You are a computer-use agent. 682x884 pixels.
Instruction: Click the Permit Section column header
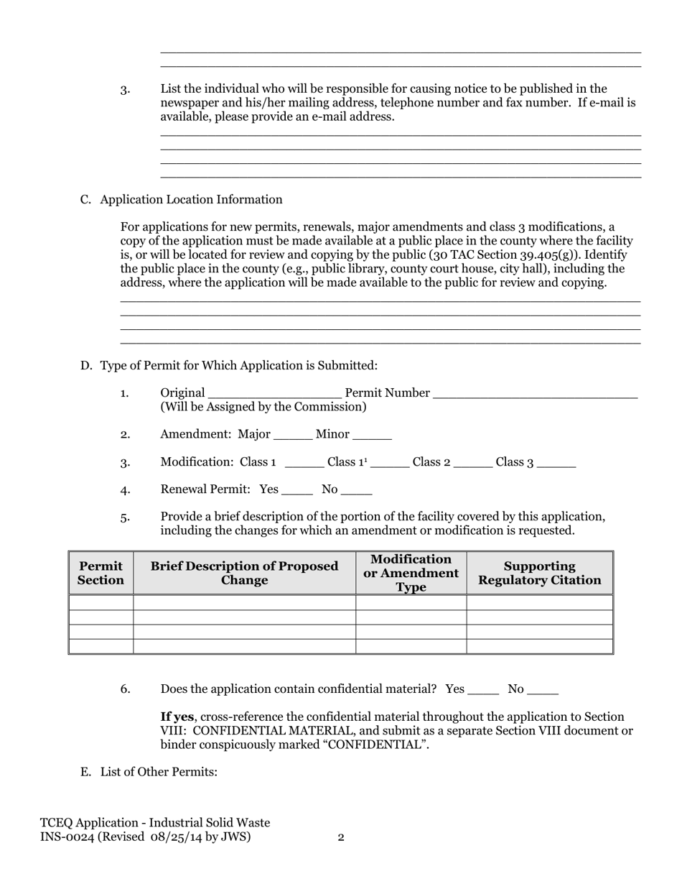(x=101, y=573)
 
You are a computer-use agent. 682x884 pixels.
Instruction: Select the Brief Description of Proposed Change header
(x=244, y=573)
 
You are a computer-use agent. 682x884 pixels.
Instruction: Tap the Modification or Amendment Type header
(x=411, y=573)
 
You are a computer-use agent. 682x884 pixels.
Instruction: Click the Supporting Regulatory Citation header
(x=540, y=573)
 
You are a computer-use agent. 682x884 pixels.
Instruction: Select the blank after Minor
(x=373, y=436)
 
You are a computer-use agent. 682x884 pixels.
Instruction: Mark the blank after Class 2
(x=474, y=464)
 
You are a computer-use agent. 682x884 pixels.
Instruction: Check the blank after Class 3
(x=556, y=464)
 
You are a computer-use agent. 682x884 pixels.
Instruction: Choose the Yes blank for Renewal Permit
(x=297, y=491)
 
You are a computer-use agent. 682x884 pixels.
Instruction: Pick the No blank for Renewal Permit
(x=357, y=491)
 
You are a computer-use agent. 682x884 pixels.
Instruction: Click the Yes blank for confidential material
(x=483, y=691)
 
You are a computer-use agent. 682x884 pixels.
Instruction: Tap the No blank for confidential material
(x=542, y=691)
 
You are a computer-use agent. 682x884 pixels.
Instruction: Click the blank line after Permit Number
(x=536, y=395)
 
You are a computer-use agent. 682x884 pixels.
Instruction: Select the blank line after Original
(x=274, y=395)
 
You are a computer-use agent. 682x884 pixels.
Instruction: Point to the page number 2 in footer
(x=341, y=837)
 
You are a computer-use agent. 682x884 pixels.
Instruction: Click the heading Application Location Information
(x=191, y=200)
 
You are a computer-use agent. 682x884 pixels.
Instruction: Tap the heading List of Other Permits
(x=159, y=772)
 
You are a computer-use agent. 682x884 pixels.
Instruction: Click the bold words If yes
(x=176, y=717)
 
